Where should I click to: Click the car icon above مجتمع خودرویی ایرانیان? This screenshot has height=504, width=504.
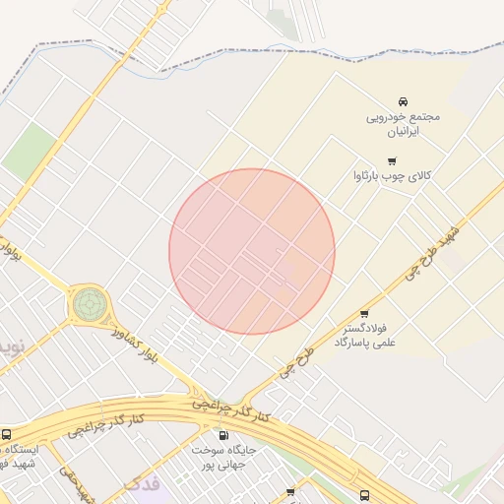[403, 102]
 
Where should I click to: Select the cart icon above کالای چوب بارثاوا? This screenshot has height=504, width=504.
[393, 160]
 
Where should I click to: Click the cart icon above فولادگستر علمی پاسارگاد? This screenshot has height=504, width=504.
[365, 313]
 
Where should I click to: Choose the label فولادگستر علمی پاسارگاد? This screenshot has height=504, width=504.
[365, 334]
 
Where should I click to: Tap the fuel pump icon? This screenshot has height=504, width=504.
[222, 434]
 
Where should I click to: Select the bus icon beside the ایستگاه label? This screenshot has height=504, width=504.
[7, 434]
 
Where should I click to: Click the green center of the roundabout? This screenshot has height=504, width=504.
[90, 303]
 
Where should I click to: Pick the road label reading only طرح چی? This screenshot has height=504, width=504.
[296, 361]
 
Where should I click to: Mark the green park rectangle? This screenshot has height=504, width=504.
[29, 153]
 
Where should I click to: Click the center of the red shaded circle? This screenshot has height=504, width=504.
[252, 251]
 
